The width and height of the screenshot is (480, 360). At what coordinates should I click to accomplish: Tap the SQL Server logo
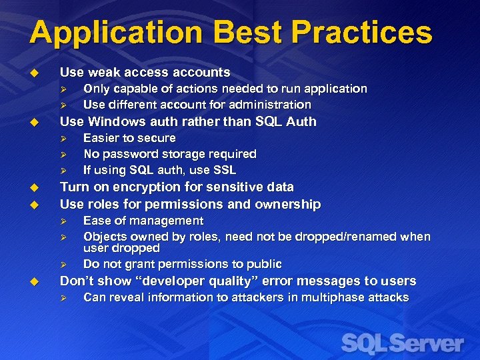point(402,343)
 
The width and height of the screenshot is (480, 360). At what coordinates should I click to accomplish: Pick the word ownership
point(289,204)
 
